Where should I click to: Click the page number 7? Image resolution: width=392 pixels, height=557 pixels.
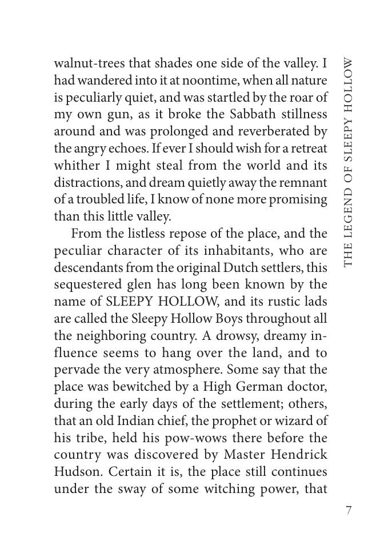pyautogui.click(x=349, y=510)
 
